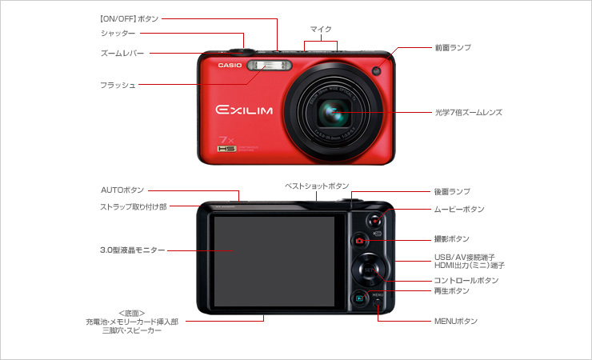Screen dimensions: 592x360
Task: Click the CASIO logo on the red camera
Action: click(230, 66)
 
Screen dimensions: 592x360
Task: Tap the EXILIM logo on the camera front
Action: click(244, 110)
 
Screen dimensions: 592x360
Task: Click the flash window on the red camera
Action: click(269, 66)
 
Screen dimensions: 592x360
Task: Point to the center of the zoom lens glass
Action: click(334, 113)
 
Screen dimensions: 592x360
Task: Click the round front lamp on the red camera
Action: click(377, 70)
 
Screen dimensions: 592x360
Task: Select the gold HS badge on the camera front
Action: click(227, 149)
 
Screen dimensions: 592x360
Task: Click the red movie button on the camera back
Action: click(374, 220)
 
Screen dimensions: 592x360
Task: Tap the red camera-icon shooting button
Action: click(359, 240)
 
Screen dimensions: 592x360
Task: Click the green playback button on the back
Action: click(360, 298)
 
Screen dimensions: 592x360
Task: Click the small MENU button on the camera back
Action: click(378, 302)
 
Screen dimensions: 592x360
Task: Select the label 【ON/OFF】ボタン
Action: click(129, 18)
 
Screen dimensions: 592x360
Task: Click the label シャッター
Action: click(118, 34)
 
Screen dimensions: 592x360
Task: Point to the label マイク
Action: click(321, 29)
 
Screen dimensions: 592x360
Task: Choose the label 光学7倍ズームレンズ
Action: click(469, 113)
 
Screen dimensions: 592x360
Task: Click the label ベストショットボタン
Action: click(317, 186)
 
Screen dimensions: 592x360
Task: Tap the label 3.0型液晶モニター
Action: click(133, 250)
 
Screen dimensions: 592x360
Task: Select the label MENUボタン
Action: click(456, 321)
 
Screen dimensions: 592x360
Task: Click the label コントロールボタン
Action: click(466, 280)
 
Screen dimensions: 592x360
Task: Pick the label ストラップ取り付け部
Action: click(134, 206)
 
